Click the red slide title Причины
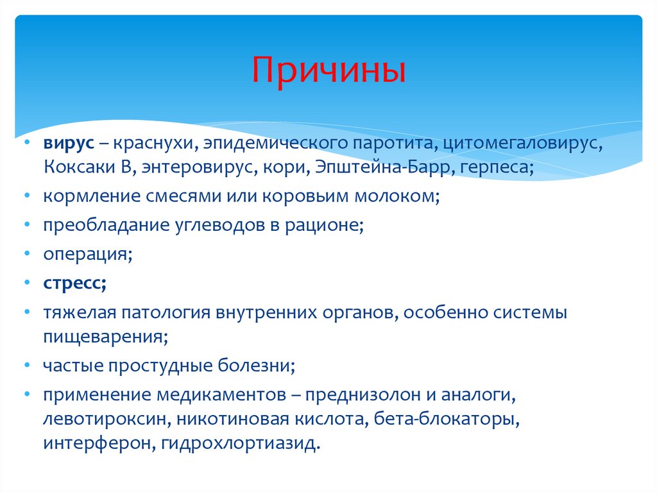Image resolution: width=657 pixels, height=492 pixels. (x=328, y=71)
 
